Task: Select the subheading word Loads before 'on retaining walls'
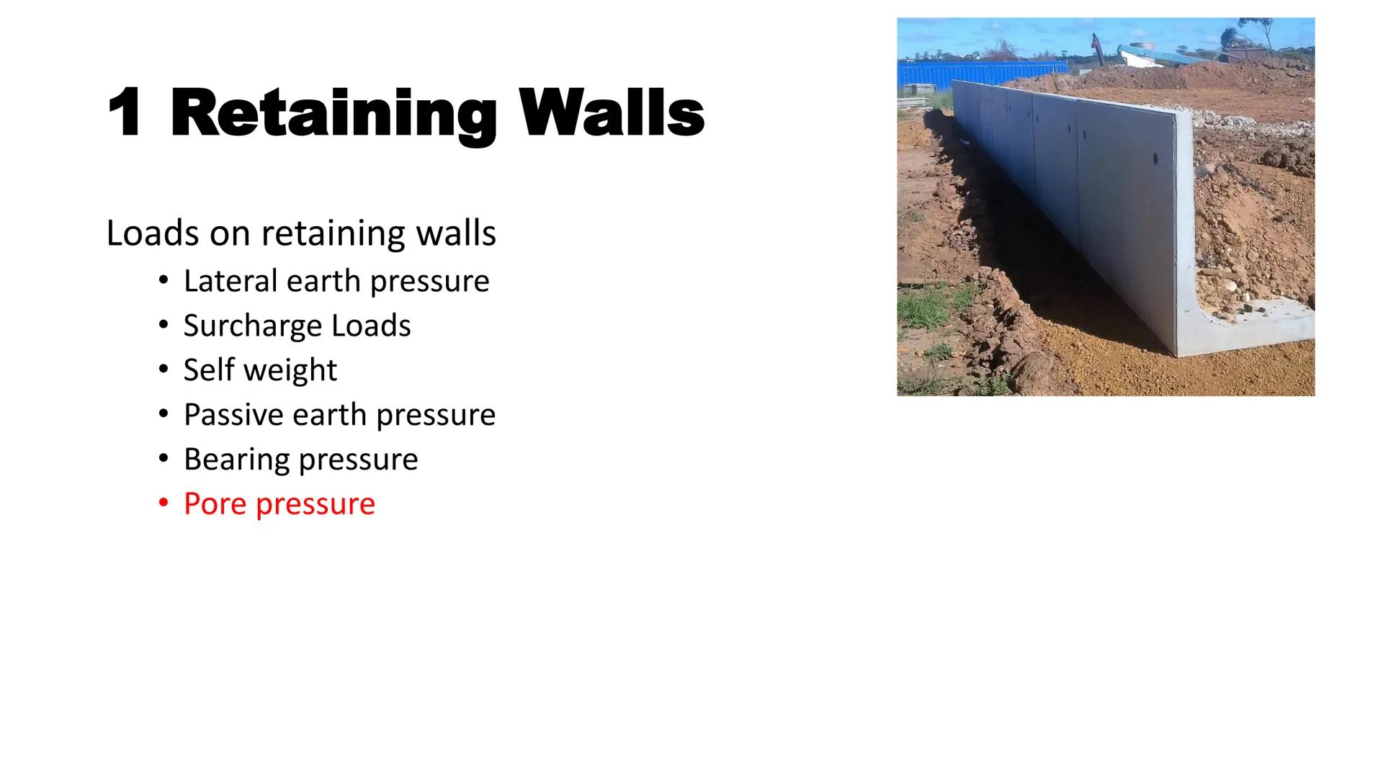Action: pyautogui.click(x=153, y=233)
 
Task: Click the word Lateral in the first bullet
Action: pyautogui.click(x=230, y=281)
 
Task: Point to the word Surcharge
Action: pyautogui.click(x=253, y=326)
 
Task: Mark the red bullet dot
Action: pyautogui.click(x=164, y=502)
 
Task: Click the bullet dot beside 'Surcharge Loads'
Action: pyautogui.click(x=164, y=324)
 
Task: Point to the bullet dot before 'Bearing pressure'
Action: pyautogui.click(x=164, y=458)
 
